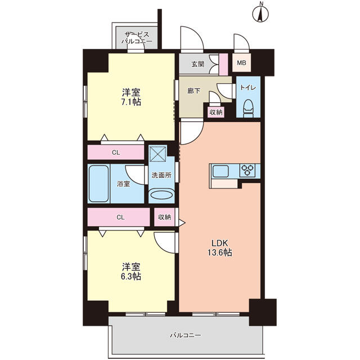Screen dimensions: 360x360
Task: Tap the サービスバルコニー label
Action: click(x=137, y=38)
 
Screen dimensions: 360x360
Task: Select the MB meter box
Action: click(x=241, y=62)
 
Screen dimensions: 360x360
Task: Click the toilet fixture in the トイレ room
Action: click(x=249, y=108)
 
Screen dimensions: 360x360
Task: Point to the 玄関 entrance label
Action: click(x=198, y=64)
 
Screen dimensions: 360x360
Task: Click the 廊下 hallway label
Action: click(x=193, y=91)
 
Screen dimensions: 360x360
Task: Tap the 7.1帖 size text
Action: click(x=131, y=102)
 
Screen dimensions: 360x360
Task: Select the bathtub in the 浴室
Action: click(x=99, y=184)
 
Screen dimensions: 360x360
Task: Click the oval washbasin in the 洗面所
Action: click(x=161, y=195)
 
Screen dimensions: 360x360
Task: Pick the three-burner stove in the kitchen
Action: click(x=247, y=170)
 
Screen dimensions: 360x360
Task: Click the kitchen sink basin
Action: click(x=220, y=171)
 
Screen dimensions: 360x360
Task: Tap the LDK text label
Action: click(x=220, y=242)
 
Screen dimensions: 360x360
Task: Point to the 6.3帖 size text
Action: click(x=131, y=276)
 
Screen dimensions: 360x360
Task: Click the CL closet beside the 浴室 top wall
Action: click(x=116, y=152)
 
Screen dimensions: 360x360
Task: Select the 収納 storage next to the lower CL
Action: click(x=165, y=217)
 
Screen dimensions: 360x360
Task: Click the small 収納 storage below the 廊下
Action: click(x=216, y=112)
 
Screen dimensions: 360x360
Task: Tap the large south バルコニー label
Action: click(x=186, y=335)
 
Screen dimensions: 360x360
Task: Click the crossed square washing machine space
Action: click(x=157, y=154)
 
